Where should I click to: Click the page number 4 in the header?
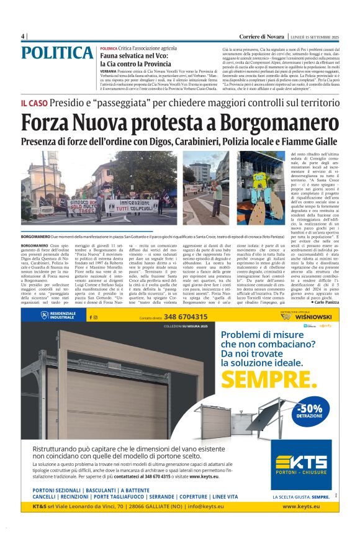tap(23, 36)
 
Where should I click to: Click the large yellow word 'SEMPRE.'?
tap(268, 378)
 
